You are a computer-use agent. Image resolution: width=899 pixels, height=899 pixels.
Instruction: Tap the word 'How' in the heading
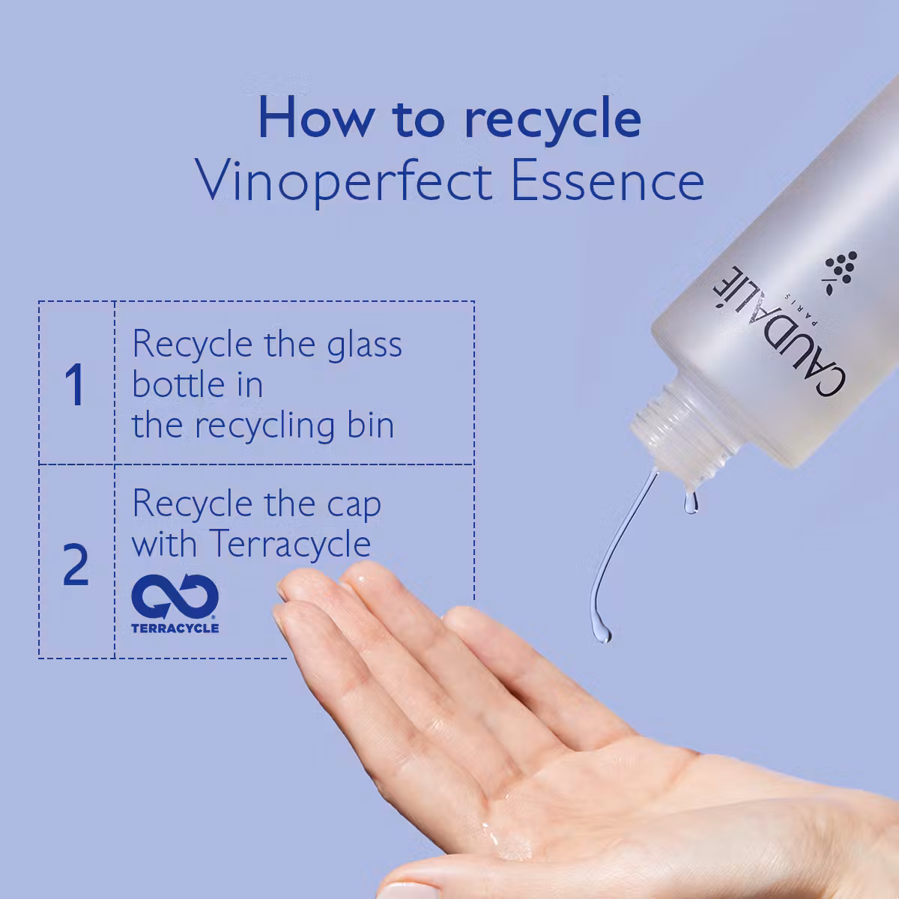click(x=317, y=118)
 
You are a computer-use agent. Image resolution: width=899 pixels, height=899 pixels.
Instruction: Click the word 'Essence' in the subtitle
click(x=608, y=180)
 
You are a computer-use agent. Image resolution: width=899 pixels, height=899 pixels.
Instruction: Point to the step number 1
click(x=75, y=384)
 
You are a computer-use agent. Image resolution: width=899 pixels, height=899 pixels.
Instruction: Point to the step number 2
click(x=76, y=565)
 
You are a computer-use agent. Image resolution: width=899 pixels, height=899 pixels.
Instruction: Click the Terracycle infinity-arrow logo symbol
click(x=175, y=596)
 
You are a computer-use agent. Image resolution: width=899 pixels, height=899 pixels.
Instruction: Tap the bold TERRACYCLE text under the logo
click(x=175, y=628)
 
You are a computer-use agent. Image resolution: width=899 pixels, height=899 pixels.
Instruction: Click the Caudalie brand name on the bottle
click(x=780, y=332)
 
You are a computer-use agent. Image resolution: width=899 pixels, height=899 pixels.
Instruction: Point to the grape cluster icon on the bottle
click(x=841, y=271)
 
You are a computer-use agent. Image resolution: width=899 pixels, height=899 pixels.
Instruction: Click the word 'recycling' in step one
click(x=265, y=426)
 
